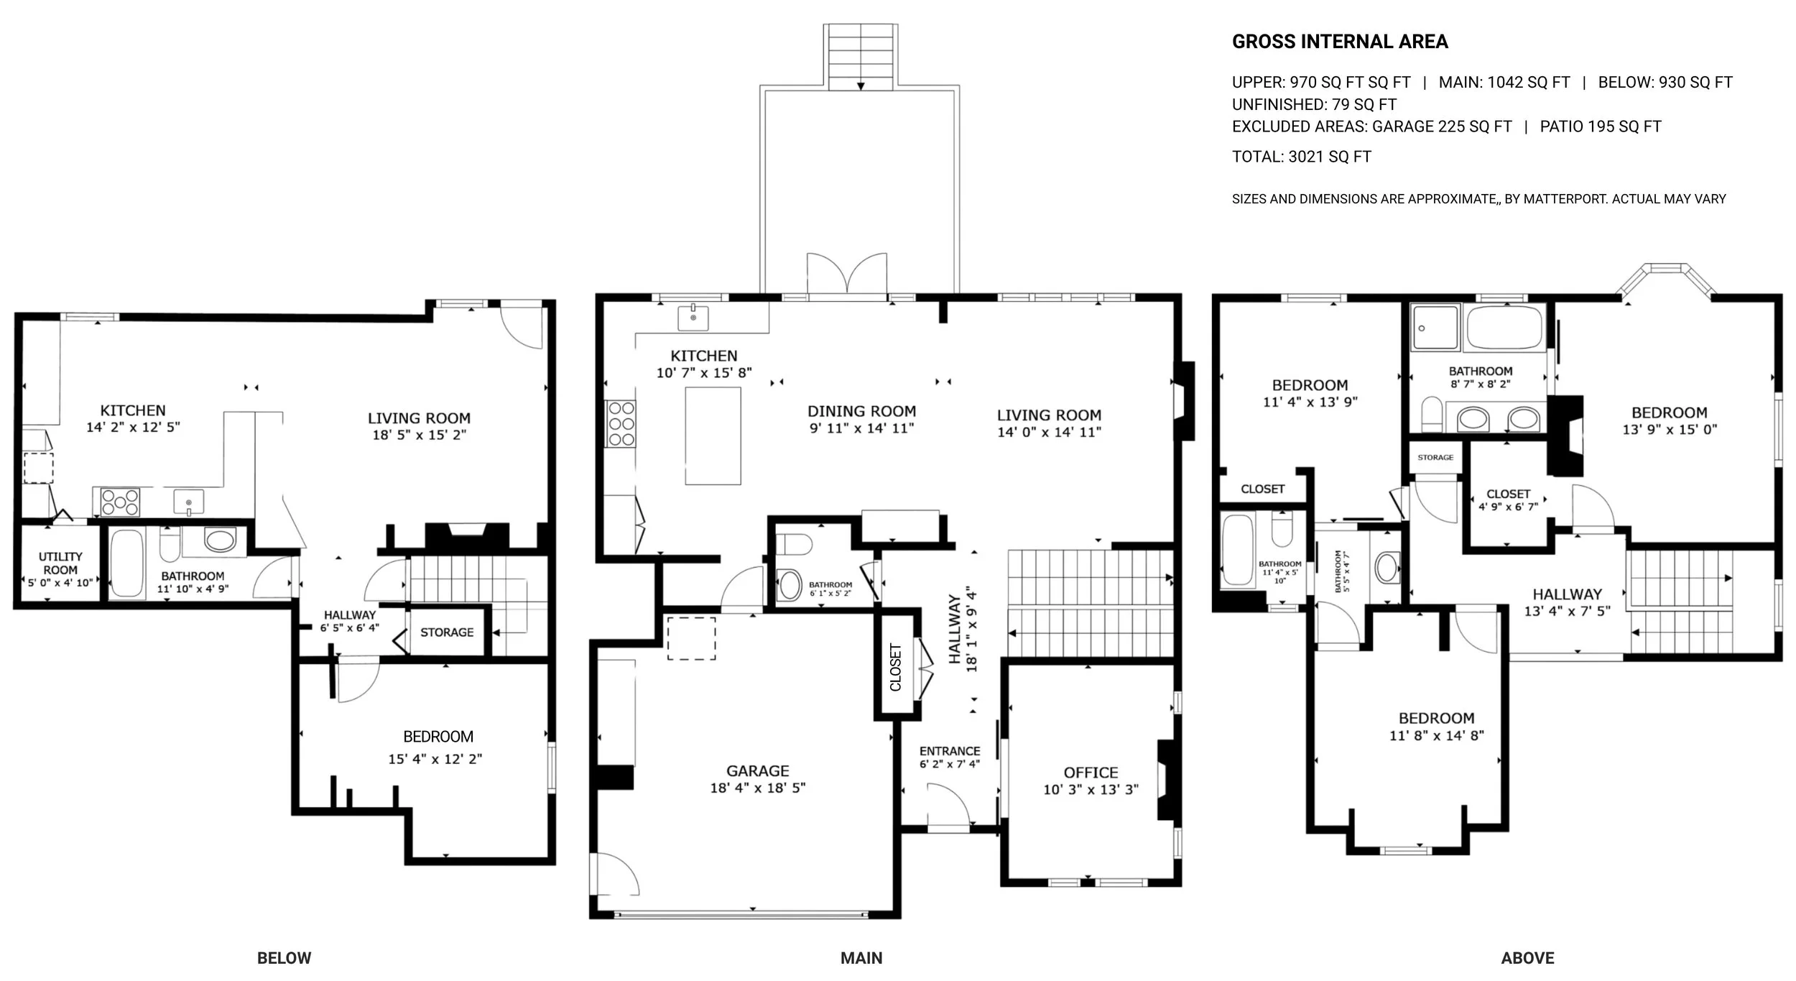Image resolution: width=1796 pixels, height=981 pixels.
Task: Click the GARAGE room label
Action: coord(757,770)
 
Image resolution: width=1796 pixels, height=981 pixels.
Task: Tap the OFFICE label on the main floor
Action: coord(1091,773)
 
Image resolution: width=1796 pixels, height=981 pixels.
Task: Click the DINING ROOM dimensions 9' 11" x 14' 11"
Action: coord(861,428)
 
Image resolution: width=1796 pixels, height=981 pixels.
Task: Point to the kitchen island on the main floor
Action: coord(713,436)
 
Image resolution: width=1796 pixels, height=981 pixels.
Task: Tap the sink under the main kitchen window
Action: coord(693,317)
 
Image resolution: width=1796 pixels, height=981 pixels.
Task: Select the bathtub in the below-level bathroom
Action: coord(128,563)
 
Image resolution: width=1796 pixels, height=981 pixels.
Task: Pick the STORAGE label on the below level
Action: coord(447,632)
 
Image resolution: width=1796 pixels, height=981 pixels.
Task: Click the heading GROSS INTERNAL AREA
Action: coord(1340,42)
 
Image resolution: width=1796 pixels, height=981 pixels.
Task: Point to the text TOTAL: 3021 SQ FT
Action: coord(1301,157)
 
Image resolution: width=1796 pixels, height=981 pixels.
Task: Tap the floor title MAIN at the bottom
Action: coord(861,958)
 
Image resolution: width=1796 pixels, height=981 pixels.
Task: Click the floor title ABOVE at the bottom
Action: coord(1527,958)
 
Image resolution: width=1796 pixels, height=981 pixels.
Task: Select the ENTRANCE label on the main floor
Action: coord(950,751)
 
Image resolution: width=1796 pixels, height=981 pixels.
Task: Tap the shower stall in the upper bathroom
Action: coord(1435,328)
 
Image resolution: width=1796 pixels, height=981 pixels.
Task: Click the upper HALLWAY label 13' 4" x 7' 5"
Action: coord(1568,602)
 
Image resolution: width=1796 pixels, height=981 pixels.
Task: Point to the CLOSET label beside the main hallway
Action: coord(896,668)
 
